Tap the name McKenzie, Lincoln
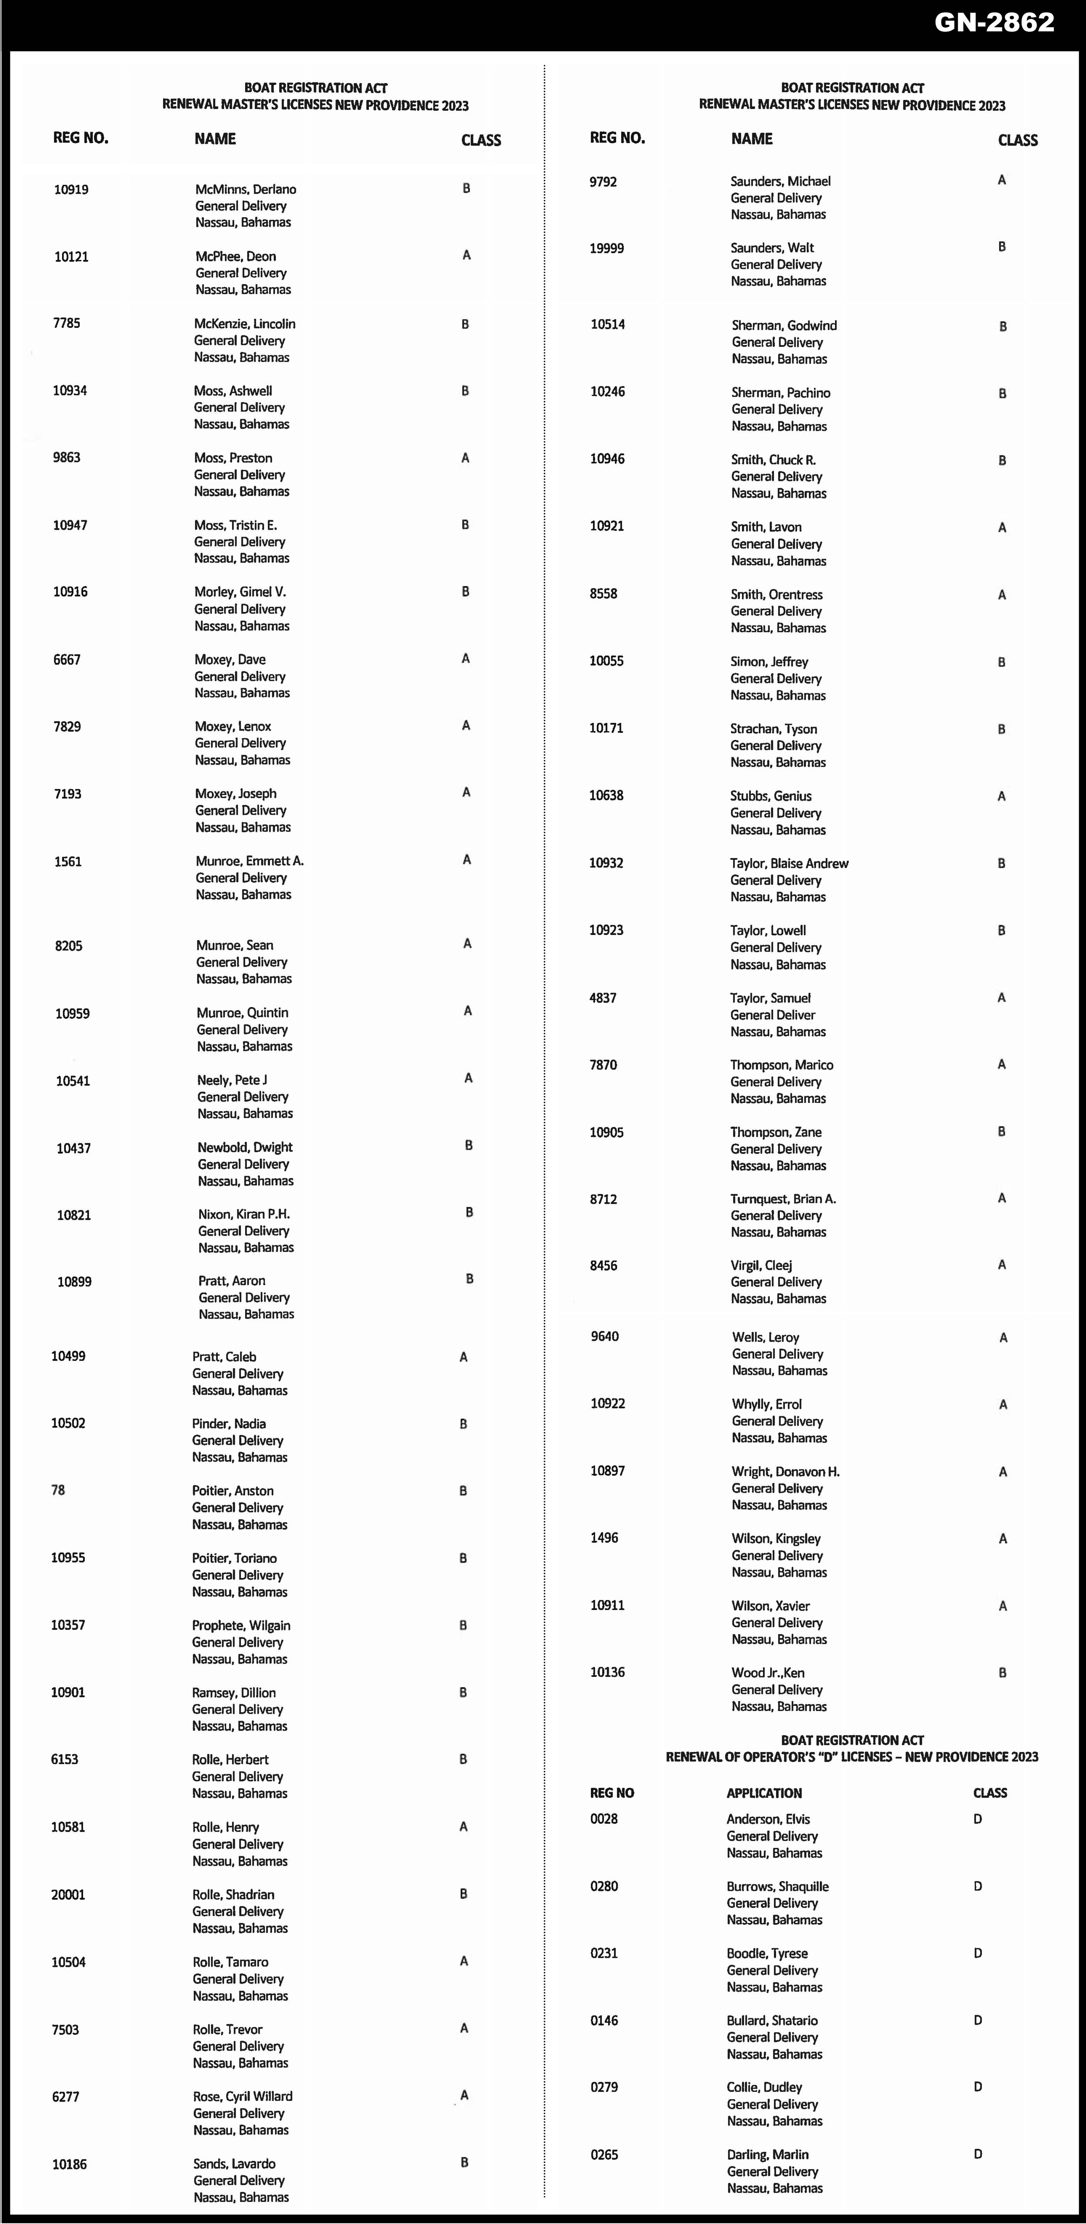click(244, 324)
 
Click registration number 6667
click(67, 660)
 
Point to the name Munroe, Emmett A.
click(250, 861)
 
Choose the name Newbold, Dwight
click(245, 1147)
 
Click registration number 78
click(58, 1490)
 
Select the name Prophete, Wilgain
click(241, 1626)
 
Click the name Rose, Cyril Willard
click(243, 2096)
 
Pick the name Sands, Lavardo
click(234, 2164)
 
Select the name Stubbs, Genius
click(771, 796)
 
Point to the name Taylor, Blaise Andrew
click(789, 863)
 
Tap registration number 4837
click(603, 998)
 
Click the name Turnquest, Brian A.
click(783, 1199)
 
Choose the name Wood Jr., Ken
click(767, 1672)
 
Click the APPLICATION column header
click(764, 1793)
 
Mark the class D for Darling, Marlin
click(977, 2154)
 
